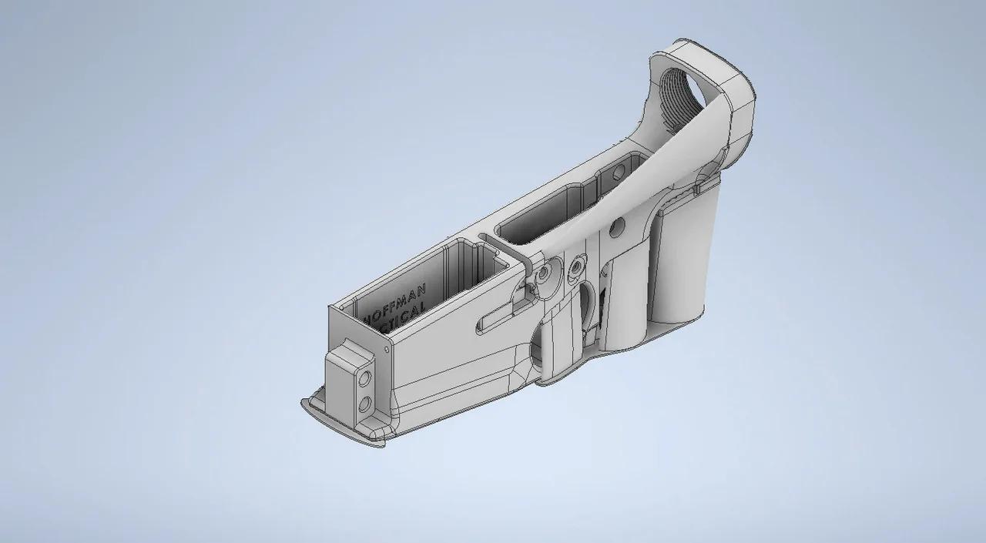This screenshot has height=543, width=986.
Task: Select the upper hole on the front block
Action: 364,377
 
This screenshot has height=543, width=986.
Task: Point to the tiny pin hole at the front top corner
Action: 385,350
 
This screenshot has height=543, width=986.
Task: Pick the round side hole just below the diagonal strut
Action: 616,227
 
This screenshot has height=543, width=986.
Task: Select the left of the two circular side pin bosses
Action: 545,273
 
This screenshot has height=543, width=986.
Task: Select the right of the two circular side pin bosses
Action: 575,266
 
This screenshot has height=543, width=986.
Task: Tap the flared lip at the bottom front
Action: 347,424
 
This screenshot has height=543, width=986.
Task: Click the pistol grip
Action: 678,262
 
